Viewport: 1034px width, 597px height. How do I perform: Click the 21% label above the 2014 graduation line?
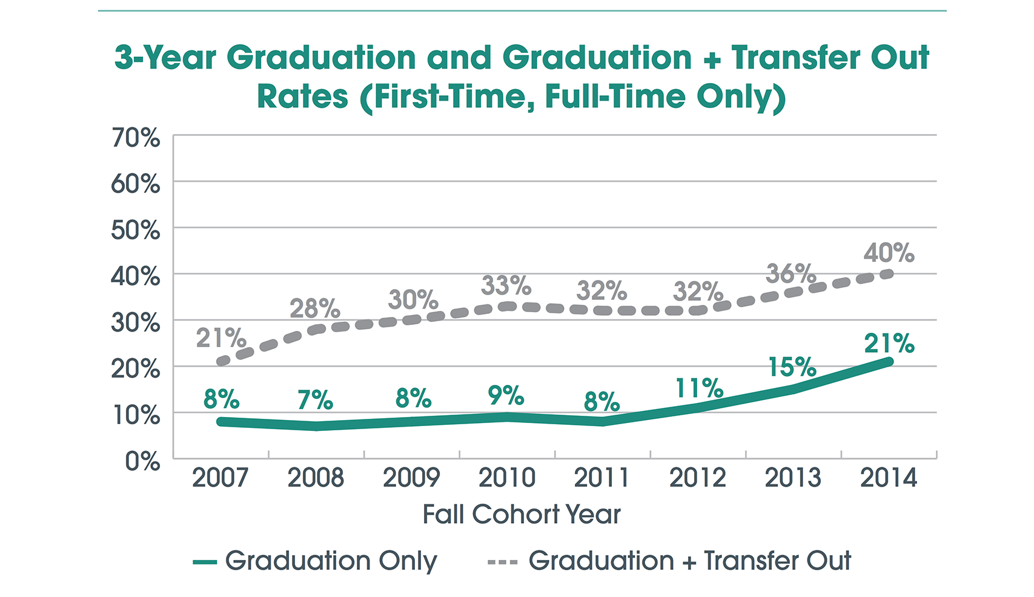pos(889,344)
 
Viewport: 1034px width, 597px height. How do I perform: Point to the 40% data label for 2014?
pos(889,253)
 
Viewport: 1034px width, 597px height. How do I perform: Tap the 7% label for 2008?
pos(315,401)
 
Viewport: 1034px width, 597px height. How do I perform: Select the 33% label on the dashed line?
pos(506,285)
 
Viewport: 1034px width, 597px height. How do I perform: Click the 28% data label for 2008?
pos(314,309)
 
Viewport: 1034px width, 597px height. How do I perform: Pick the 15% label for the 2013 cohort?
pos(792,367)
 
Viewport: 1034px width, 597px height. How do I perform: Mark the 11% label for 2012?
pos(699,389)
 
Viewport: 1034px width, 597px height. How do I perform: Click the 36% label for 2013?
pos(790,274)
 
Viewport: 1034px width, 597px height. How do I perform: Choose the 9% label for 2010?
pos(506,396)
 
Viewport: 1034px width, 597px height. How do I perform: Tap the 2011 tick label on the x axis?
pos(602,478)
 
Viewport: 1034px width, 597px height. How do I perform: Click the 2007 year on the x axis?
pos(220,478)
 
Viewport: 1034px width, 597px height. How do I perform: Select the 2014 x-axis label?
pos(889,478)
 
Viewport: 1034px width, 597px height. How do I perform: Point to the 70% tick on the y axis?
pos(136,138)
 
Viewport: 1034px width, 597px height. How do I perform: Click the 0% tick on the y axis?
pos(143,462)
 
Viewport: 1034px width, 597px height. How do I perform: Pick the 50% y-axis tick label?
pos(136,231)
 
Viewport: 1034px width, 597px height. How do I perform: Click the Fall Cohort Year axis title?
pos(522,515)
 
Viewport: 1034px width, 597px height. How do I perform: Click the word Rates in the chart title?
pos(302,97)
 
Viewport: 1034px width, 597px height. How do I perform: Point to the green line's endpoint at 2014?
pos(889,362)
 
